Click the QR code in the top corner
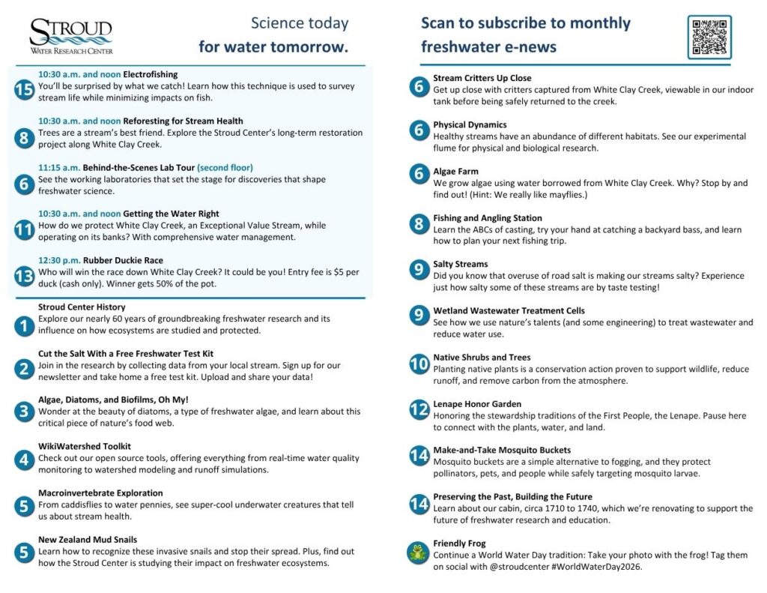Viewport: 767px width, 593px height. click(x=709, y=37)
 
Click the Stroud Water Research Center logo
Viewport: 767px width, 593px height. click(x=71, y=36)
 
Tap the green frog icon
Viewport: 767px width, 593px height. click(x=418, y=553)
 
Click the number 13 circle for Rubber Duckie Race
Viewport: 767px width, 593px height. click(x=23, y=276)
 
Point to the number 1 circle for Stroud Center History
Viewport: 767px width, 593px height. click(x=23, y=325)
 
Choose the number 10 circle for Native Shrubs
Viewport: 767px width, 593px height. click(x=419, y=365)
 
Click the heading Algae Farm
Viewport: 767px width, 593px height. click(x=455, y=172)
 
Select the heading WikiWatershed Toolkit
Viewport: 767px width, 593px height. click(x=85, y=446)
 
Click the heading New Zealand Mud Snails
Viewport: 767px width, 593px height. click(x=88, y=540)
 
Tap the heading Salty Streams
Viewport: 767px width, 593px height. click(x=460, y=264)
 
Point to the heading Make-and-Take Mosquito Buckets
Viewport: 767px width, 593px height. click(x=502, y=450)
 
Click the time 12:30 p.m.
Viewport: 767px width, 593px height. click(x=59, y=260)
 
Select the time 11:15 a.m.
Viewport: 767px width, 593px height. click(x=59, y=167)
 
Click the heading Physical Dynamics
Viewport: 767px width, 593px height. click(x=470, y=124)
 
